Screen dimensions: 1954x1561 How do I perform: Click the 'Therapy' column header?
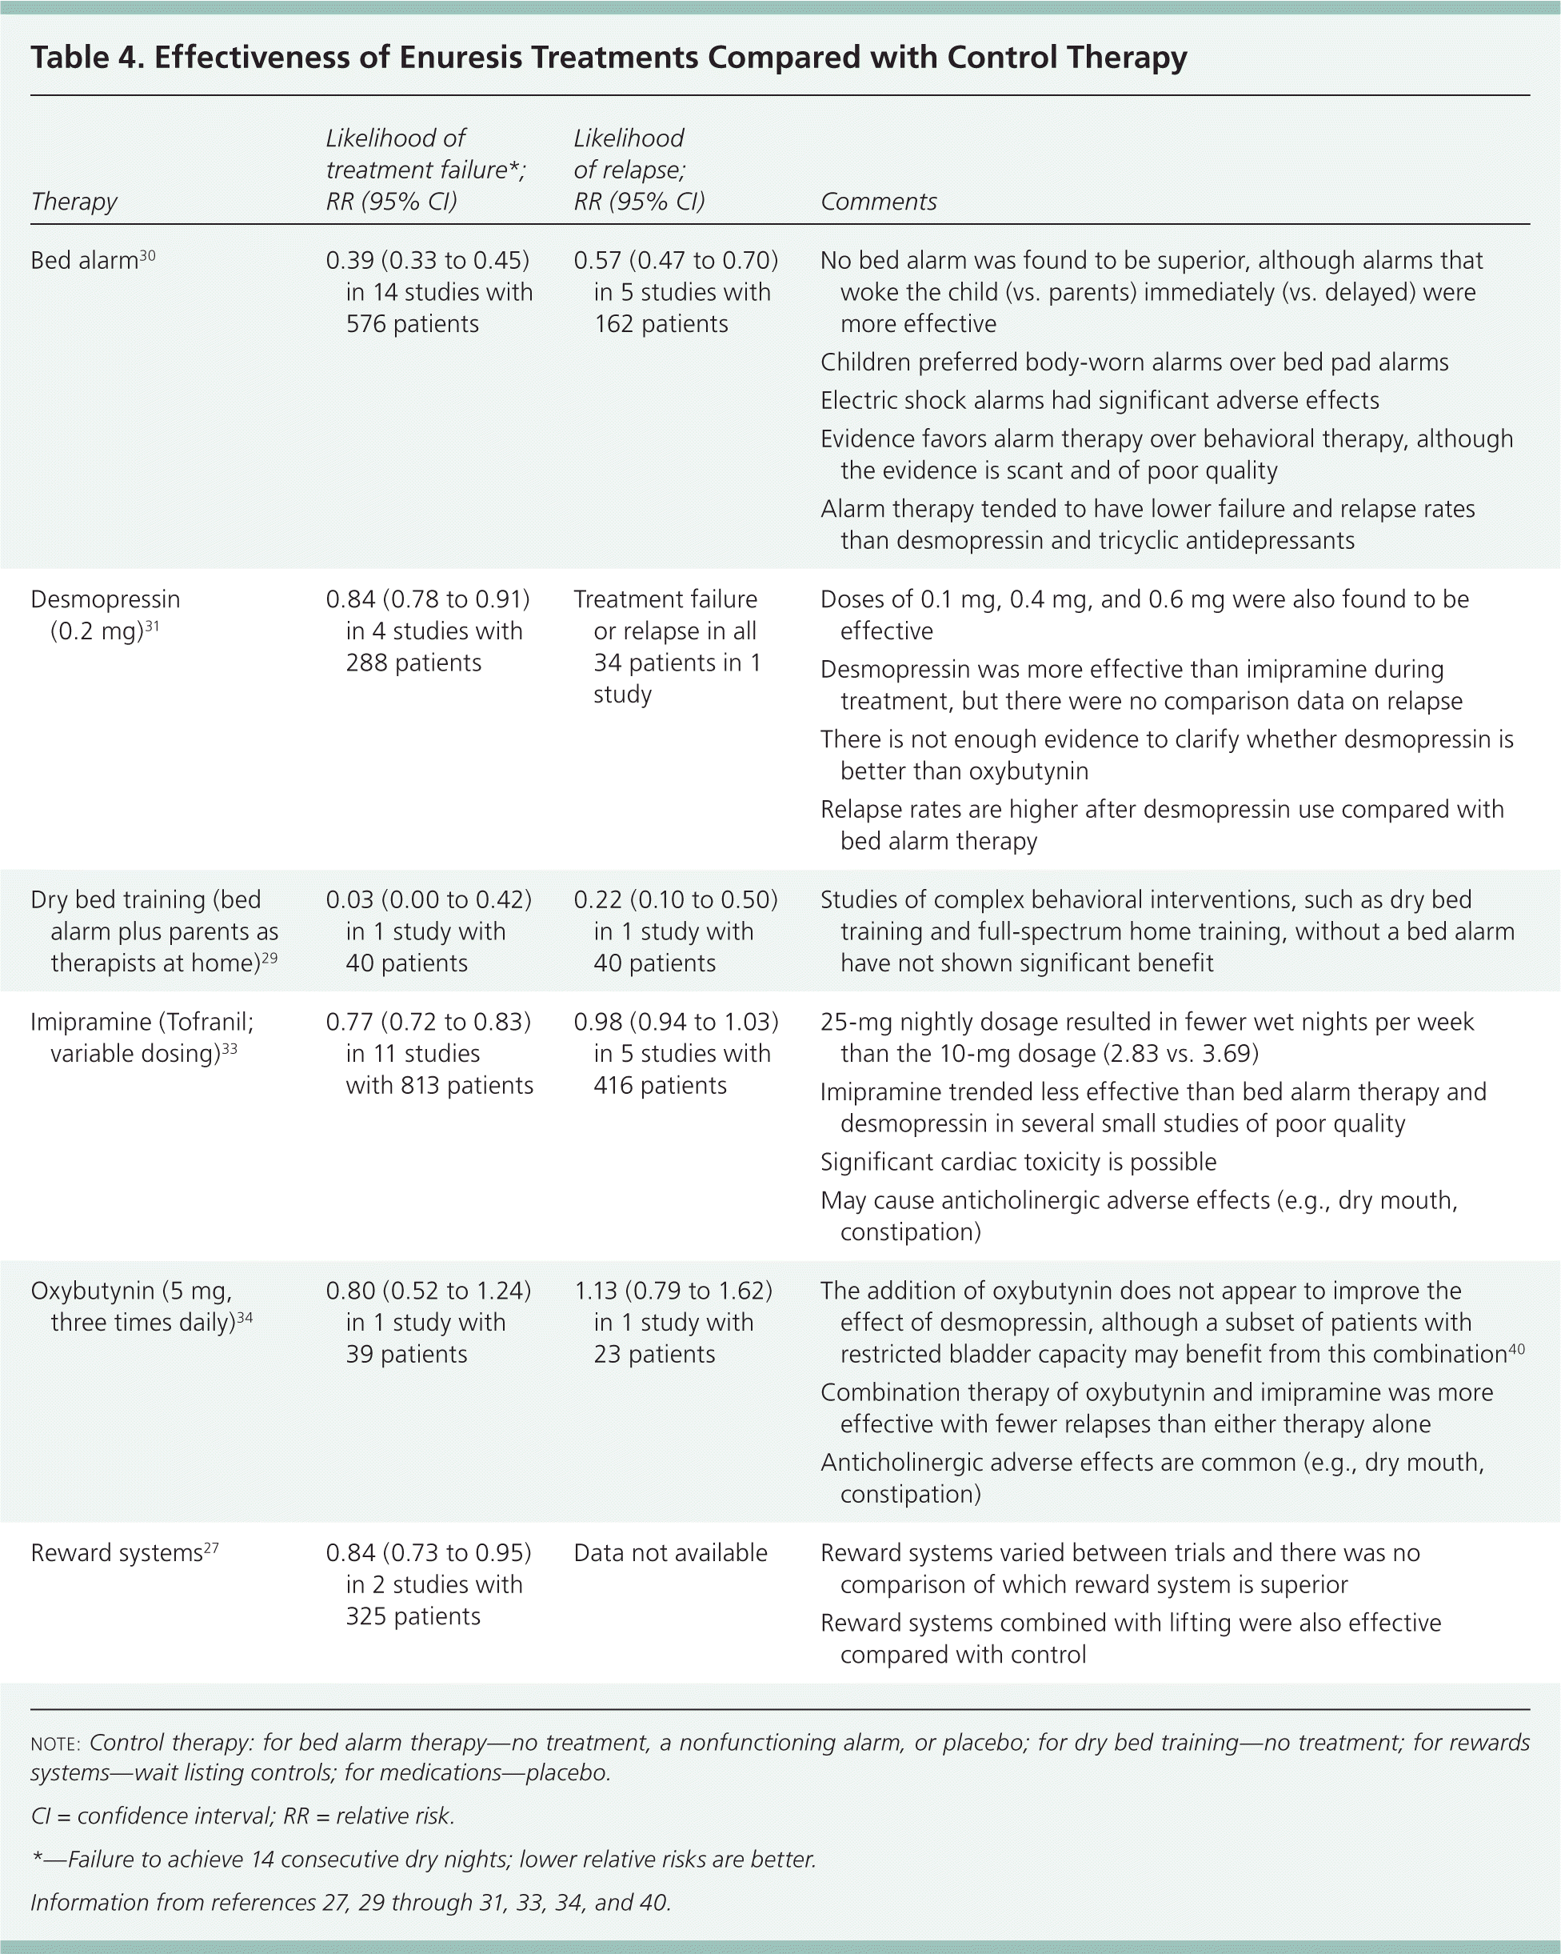point(74,201)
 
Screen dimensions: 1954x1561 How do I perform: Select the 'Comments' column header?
point(878,201)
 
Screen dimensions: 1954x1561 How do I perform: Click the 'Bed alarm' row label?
point(84,261)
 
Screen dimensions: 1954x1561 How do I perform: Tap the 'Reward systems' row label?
point(116,1553)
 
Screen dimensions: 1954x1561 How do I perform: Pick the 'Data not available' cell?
point(670,1553)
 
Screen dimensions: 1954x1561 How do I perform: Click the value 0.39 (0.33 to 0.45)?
point(428,261)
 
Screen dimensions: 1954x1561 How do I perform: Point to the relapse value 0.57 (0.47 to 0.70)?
point(676,261)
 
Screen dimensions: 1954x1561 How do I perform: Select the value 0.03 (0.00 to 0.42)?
point(429,900)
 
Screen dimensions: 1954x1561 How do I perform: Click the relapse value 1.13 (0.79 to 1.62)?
point(673,1291)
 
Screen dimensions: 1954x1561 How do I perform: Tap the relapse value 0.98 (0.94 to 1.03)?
point(676,1023)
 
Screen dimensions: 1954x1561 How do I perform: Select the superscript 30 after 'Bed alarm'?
point(148,255)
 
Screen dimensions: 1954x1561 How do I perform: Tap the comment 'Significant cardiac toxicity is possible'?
point(1018,1162)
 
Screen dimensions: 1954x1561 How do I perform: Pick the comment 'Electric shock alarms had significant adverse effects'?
point(1099,401)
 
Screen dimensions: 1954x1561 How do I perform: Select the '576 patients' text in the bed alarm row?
point(412,324)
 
